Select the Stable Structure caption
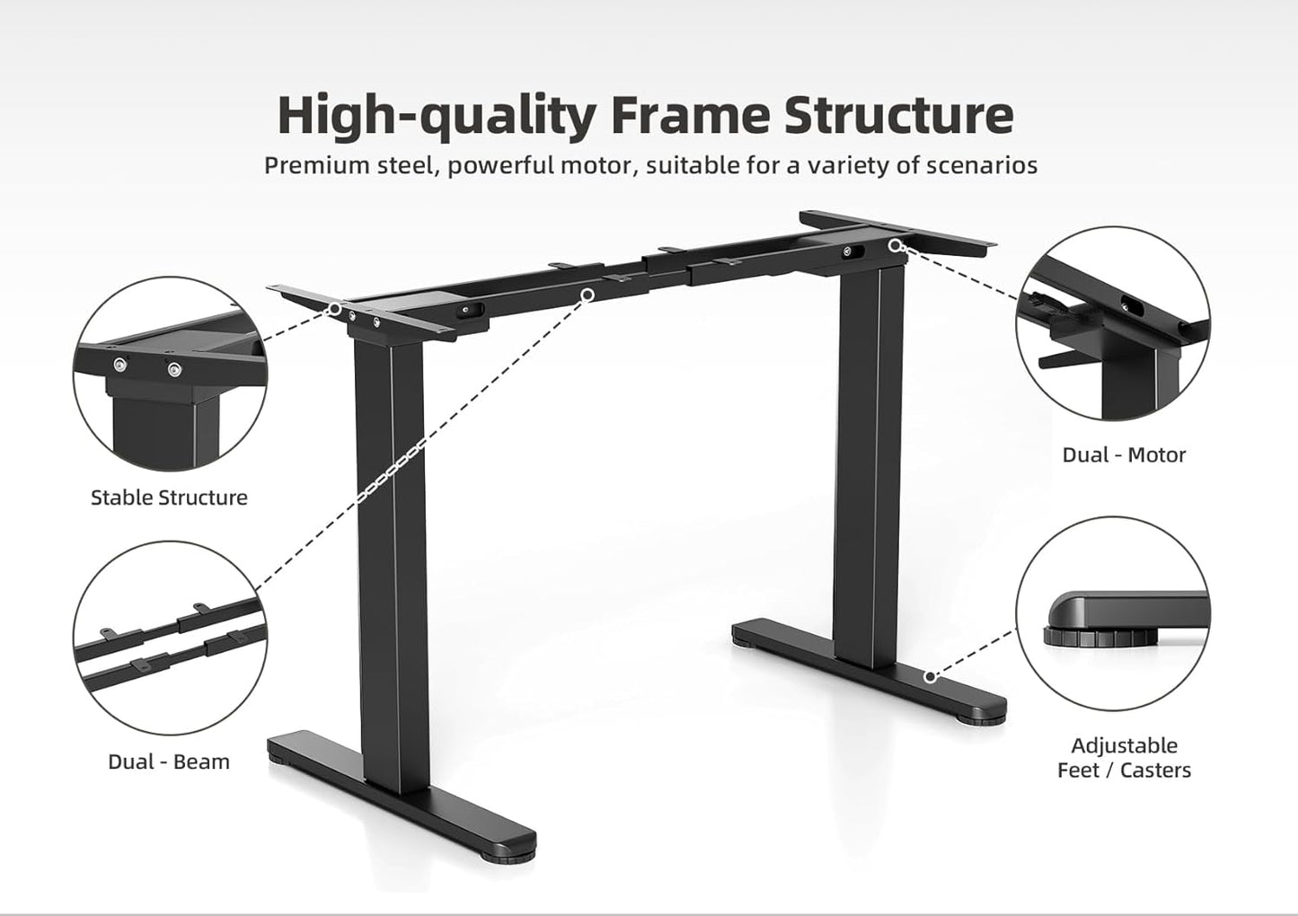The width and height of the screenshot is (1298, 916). point(169,498)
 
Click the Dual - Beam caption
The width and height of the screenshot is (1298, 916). point(169,762)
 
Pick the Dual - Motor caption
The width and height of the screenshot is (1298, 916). point(1124,454)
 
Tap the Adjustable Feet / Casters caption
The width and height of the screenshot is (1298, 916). point(1124,757)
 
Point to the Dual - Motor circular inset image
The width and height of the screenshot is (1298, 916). point(1113,323)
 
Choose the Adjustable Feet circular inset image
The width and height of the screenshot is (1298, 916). point(1113,613)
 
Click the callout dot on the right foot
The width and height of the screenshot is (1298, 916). point(931,676)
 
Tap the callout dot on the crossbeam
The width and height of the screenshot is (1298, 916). point(587,294)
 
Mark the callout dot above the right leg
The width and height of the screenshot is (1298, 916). point(895,244)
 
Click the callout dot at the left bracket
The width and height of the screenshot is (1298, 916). point(335,308)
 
